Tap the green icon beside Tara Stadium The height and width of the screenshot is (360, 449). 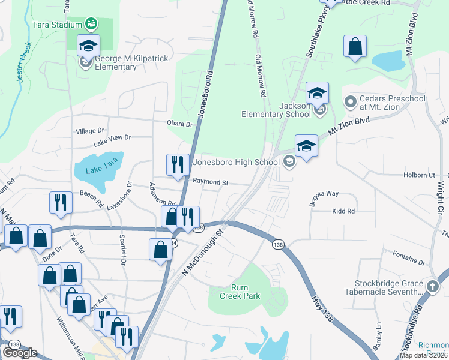point(91,24)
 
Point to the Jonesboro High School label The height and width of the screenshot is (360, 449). point(237,161)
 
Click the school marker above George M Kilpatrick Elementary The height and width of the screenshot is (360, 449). point(88,47)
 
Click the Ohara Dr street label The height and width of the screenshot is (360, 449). point(180,124)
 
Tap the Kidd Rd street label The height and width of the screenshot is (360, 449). point(343,211)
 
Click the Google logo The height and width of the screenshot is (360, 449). point(20,353)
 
